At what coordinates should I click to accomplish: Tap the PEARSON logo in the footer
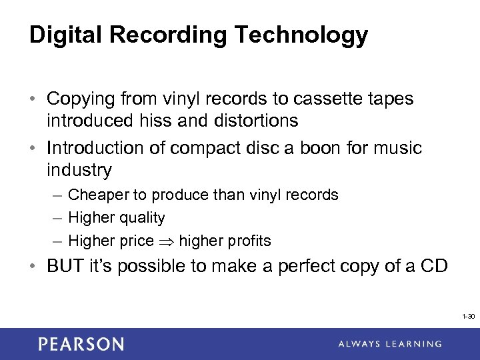point(81,344)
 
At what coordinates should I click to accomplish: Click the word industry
point(79,169)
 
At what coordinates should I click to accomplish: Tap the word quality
point(141,217)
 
